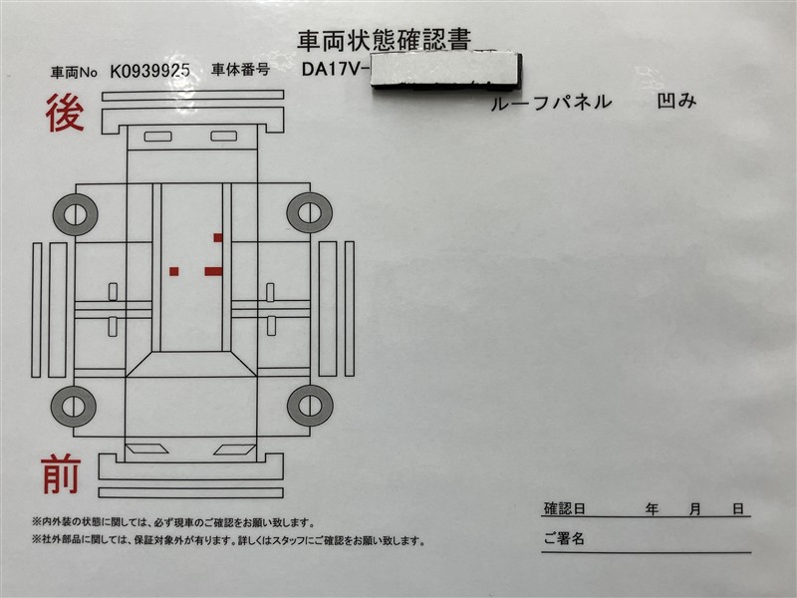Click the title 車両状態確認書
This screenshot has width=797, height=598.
385,40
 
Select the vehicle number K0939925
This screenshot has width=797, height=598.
150,71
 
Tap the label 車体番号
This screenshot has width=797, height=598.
240,70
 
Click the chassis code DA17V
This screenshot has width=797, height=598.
333,68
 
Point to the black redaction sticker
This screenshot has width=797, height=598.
446,70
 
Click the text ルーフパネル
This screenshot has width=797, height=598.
551,103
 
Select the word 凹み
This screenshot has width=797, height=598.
676,101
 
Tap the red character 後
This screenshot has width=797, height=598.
65,113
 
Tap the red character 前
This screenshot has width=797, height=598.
61,474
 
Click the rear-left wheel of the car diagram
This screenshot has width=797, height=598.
76,214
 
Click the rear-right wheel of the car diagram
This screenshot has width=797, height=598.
310,212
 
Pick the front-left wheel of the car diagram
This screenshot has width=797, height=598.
73,407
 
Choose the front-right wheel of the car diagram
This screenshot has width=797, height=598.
310,406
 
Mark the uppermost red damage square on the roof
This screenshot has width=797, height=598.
218,237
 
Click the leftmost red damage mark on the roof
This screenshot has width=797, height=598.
173,271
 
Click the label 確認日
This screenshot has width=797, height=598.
564,508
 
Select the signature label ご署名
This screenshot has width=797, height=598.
564,538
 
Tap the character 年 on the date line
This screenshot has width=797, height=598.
652,508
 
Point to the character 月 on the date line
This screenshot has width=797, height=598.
694,508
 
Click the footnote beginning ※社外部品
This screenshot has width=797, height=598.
229,540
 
